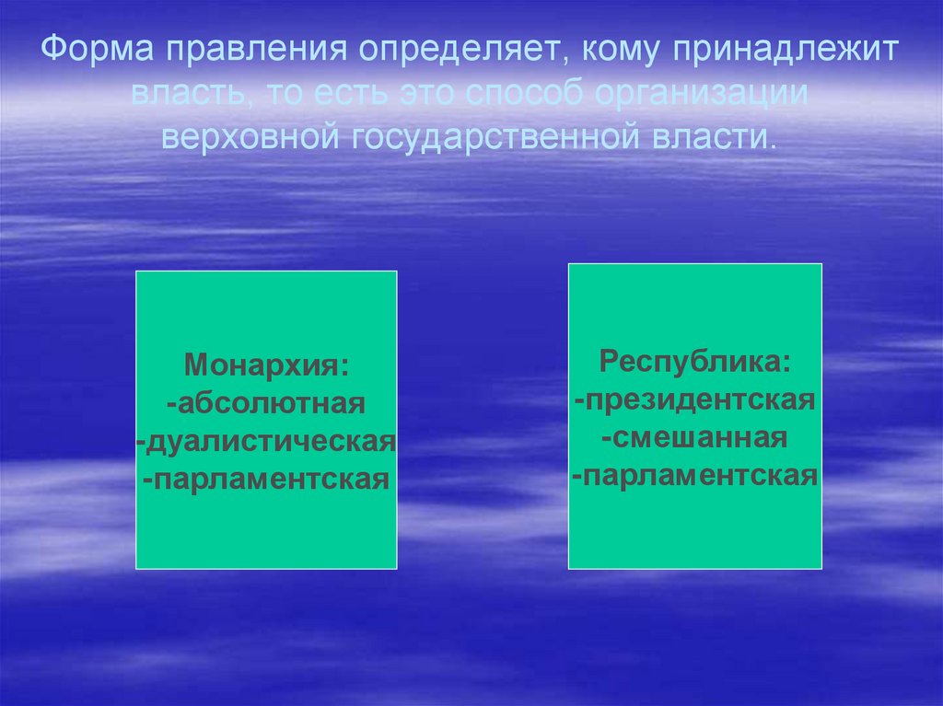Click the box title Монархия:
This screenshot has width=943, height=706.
[267, 365]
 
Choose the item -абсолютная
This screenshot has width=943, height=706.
[267, 402]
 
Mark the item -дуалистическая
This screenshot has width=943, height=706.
[267, 441]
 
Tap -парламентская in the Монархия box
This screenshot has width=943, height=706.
[267, 480]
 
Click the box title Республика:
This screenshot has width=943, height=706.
[695, 360]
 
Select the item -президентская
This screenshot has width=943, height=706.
[695, 399]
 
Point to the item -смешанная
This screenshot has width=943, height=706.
[695, 437]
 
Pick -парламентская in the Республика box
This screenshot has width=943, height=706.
[695, 476]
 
